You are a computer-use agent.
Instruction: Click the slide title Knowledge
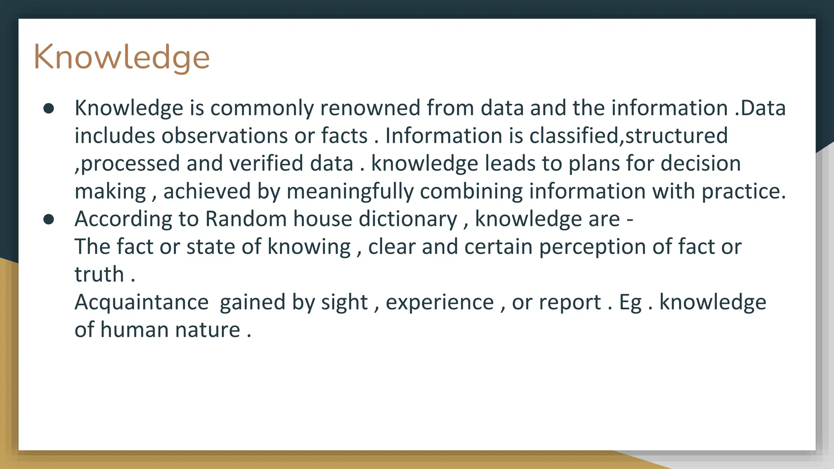click(x=121, y=57)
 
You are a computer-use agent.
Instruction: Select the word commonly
click(x=261, y=109)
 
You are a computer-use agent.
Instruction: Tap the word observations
click(x=225, y=136)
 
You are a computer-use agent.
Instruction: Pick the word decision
click(x=700, y=163)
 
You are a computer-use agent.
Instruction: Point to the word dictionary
click(x=408, y=219)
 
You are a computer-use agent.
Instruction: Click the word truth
click(x=99, y=274)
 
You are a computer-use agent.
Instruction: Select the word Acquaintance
click(x=141, y=302)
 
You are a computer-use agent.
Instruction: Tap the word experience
click(x=440, y=302)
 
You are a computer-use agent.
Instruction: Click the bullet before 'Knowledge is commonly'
click(x=49, y=108)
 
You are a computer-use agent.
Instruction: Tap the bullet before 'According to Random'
click(x=49, y=219)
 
